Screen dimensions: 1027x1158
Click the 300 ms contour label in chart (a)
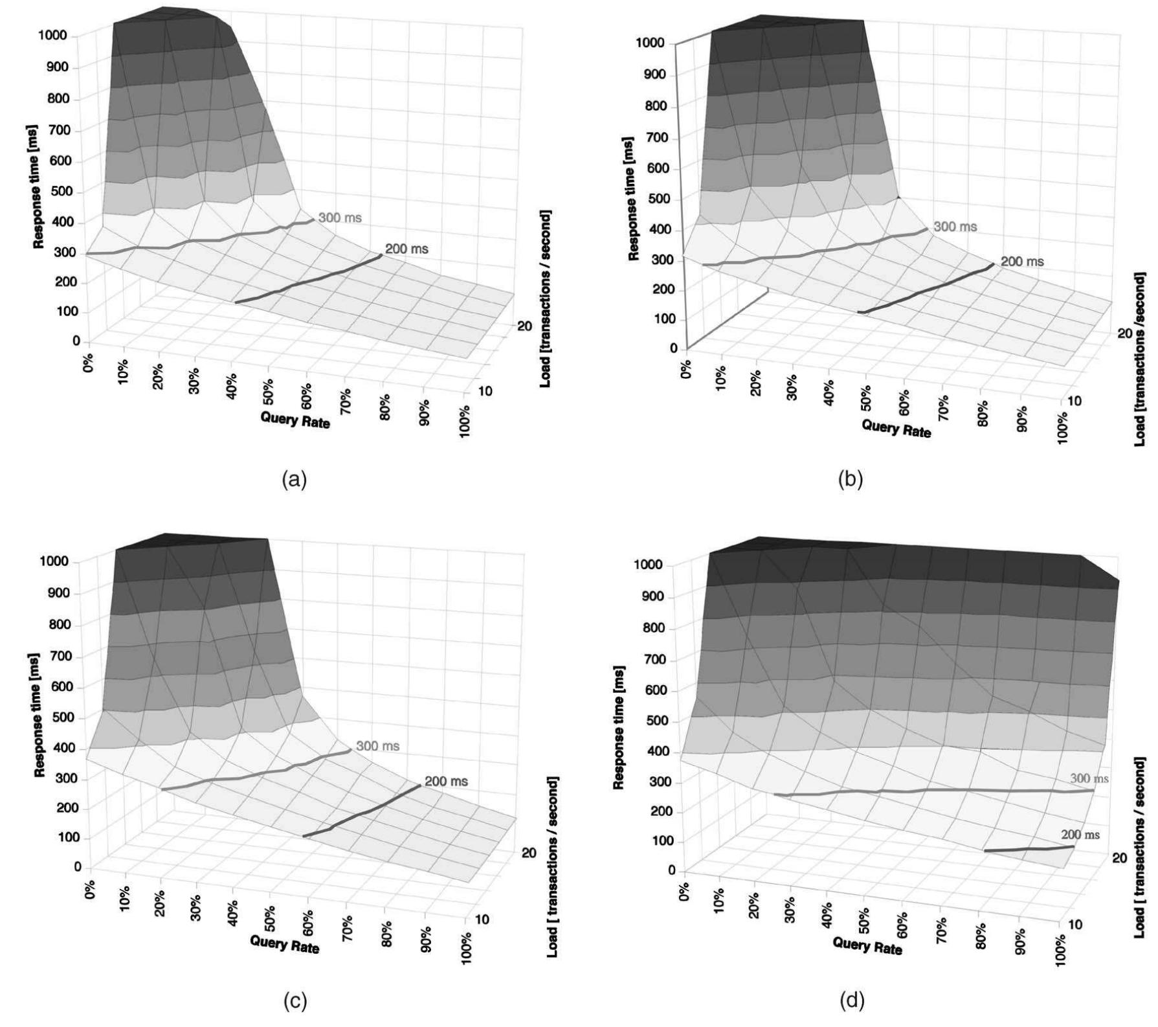(x=340, y=218)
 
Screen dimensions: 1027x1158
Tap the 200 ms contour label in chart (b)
(x=1022, y=262)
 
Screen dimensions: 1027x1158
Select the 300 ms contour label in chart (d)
(x=1089, y=778)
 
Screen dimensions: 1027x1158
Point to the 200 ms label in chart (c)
(x=446, y=782)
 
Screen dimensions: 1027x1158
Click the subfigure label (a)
(x=295, y=480)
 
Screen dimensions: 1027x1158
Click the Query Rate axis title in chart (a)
(x=295, y=420)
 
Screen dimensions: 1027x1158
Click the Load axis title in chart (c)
(x=552, y=868)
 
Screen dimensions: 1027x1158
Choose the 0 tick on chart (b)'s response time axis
(x=673, y=348)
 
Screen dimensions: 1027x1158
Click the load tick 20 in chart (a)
(x=524, y=326)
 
